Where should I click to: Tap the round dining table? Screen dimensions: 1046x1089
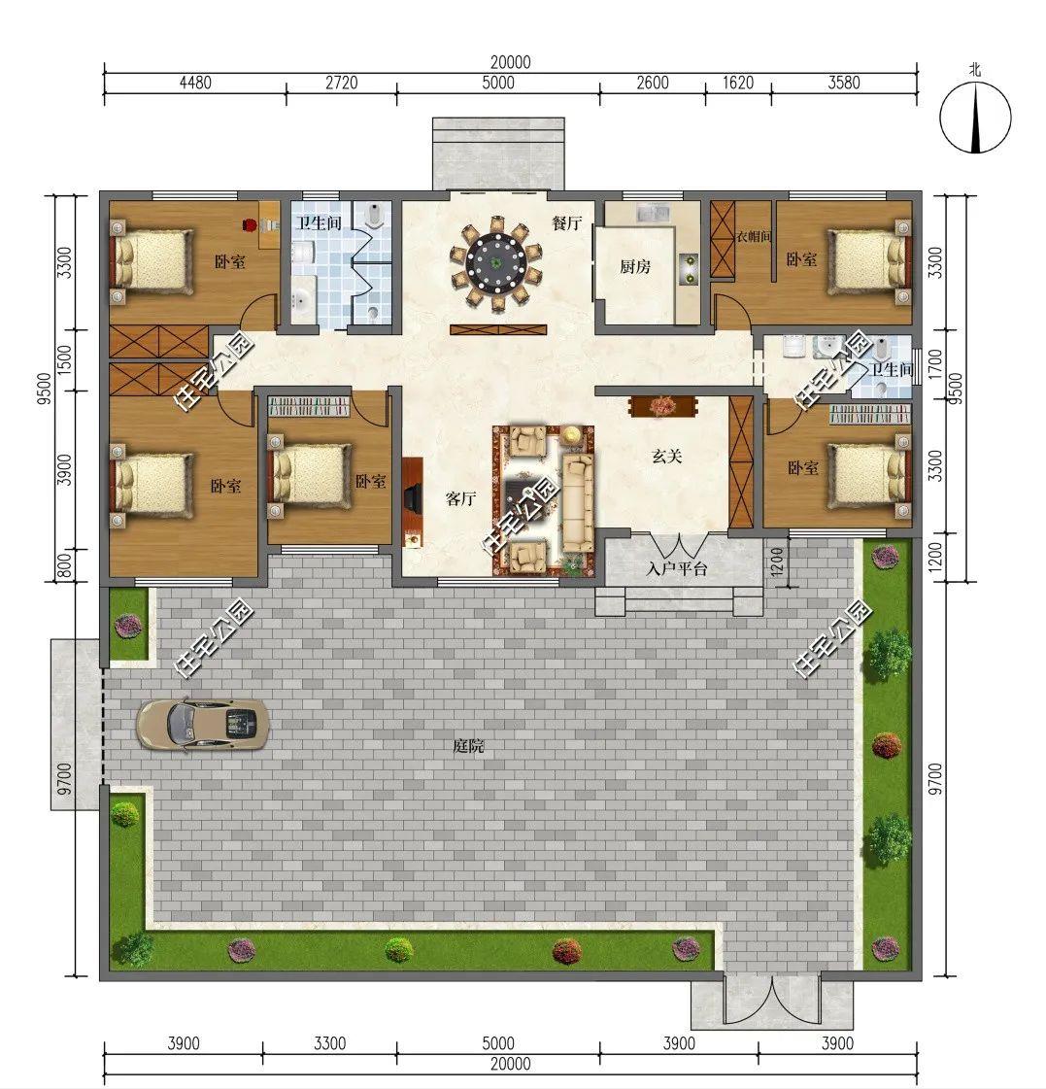[496, 263]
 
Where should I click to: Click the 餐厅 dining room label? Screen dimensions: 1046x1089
[567, 222]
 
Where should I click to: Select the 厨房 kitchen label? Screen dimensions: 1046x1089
[635, 266]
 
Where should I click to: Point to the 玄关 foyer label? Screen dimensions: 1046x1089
[667, 457]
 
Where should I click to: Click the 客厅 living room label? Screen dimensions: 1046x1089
[460, 498]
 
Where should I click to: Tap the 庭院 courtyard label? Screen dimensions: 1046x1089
[468, 747]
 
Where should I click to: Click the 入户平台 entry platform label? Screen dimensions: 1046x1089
[676, 569]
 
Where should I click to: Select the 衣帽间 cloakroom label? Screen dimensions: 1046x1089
[754, 237]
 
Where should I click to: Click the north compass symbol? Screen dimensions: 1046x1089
[976, 117]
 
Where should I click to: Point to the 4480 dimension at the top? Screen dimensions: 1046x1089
[195, 83]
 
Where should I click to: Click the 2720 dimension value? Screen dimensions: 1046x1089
[342, 83]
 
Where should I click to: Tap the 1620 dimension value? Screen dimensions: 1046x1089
[737, 83]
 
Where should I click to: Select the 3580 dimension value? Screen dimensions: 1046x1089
[844, 83]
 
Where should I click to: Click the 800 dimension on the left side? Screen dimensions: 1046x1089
[64, 565]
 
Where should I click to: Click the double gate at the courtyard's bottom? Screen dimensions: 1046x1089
[772, 1000]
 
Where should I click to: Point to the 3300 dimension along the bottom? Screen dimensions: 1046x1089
[329, 1044]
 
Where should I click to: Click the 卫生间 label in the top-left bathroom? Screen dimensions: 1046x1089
[319, 222]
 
